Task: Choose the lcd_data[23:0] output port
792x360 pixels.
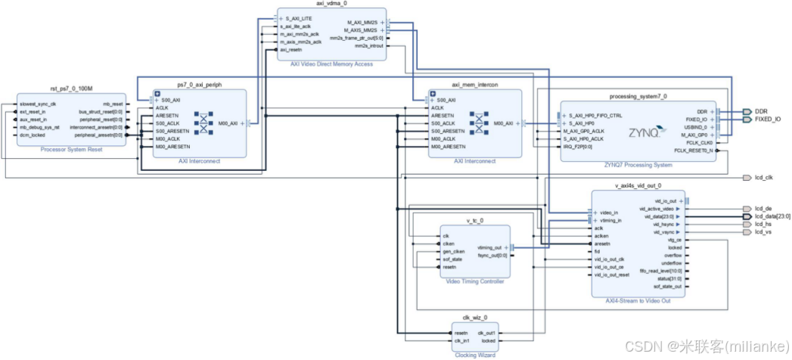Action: [772, 216]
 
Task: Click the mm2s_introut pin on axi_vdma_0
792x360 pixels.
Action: [369, 46]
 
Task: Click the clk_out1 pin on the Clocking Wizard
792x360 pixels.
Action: [486, 333]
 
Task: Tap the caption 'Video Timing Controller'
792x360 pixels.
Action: [474, 282]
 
